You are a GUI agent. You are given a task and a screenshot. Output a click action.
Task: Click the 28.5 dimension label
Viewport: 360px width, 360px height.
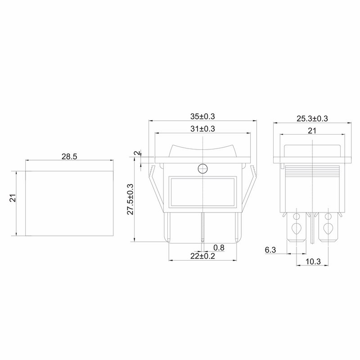[69, 157]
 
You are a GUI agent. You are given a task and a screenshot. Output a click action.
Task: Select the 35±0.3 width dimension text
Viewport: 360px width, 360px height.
[202, 117]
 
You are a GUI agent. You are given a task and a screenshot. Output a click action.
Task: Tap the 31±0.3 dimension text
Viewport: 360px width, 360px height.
[202, 129]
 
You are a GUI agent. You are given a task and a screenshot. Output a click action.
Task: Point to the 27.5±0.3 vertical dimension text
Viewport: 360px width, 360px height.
[130, 199]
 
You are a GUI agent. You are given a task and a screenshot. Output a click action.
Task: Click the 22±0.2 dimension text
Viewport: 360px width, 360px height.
[202, 256]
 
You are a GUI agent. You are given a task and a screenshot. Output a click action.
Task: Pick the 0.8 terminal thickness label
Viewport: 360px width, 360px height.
[219, 248]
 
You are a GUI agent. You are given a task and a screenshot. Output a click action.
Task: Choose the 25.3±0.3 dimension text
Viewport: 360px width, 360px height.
[312, 119]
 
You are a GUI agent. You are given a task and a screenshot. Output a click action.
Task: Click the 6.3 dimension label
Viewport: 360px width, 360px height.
[270, 250]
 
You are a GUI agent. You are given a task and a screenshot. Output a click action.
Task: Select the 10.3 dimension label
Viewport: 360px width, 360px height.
[313, 261]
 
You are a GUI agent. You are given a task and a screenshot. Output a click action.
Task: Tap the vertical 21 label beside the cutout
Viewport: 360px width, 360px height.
[13, 198]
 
